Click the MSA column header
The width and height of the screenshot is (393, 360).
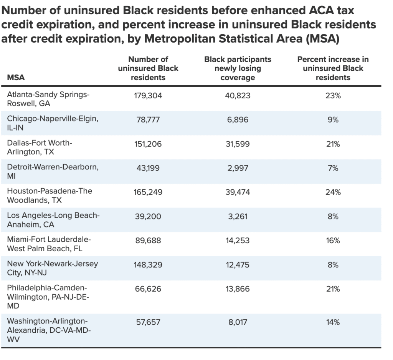click(16, 77)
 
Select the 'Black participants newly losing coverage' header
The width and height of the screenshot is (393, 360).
click(238, 68)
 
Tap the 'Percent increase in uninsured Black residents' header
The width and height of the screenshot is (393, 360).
click(333, 68)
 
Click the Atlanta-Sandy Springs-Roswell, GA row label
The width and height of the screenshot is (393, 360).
click(48, 99)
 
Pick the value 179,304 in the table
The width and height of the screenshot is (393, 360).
click(148, 95)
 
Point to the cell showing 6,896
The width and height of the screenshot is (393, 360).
click(238, 119)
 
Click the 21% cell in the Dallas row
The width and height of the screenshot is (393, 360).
click(333, 144)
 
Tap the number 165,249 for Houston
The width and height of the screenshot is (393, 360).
click(148, 192)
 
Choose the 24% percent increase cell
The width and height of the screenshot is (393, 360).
click(333, 192)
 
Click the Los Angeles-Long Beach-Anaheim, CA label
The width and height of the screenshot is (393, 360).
click(53, 220)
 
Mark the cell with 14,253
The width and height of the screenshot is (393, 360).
click(238, 241)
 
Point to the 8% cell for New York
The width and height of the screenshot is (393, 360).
click(333, 265)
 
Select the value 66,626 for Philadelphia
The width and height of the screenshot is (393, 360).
click(148, 289)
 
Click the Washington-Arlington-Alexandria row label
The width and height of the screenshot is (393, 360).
click(49, 330)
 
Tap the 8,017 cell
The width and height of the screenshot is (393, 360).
click(238, 322)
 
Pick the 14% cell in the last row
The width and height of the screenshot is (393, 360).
click(333, 322)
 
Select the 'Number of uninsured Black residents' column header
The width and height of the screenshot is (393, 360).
click(148, 68)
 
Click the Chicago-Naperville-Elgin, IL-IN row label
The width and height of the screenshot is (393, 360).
click(53, 123)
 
